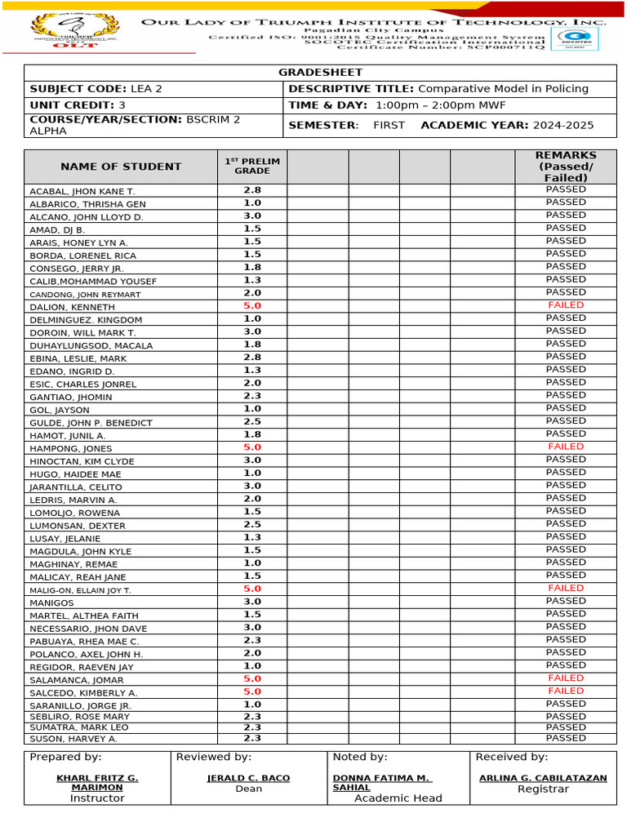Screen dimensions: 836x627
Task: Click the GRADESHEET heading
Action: [320, 73]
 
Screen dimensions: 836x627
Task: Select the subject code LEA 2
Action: [145, 88]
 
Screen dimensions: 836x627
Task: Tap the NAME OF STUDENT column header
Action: [121, 167]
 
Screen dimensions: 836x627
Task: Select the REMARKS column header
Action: [566, 167]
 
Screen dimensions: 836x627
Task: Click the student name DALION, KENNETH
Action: [73, 307]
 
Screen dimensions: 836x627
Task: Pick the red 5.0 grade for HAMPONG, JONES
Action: [251, 447]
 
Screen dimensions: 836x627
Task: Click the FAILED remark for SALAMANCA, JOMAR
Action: [566, 678]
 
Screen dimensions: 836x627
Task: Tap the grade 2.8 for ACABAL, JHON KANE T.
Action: [251, 190]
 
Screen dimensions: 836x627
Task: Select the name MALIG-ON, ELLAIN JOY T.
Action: [80, 589]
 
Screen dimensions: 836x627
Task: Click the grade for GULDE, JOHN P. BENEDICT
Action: [251, 422]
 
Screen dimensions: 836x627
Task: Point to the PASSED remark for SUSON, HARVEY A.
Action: [566, 738]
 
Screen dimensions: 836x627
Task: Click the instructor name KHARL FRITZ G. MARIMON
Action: [97, 783]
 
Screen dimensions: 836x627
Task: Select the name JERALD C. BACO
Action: [249, 778]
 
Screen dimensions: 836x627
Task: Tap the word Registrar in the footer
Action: [543, 789]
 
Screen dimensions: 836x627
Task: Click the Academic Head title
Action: [398, 798]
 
